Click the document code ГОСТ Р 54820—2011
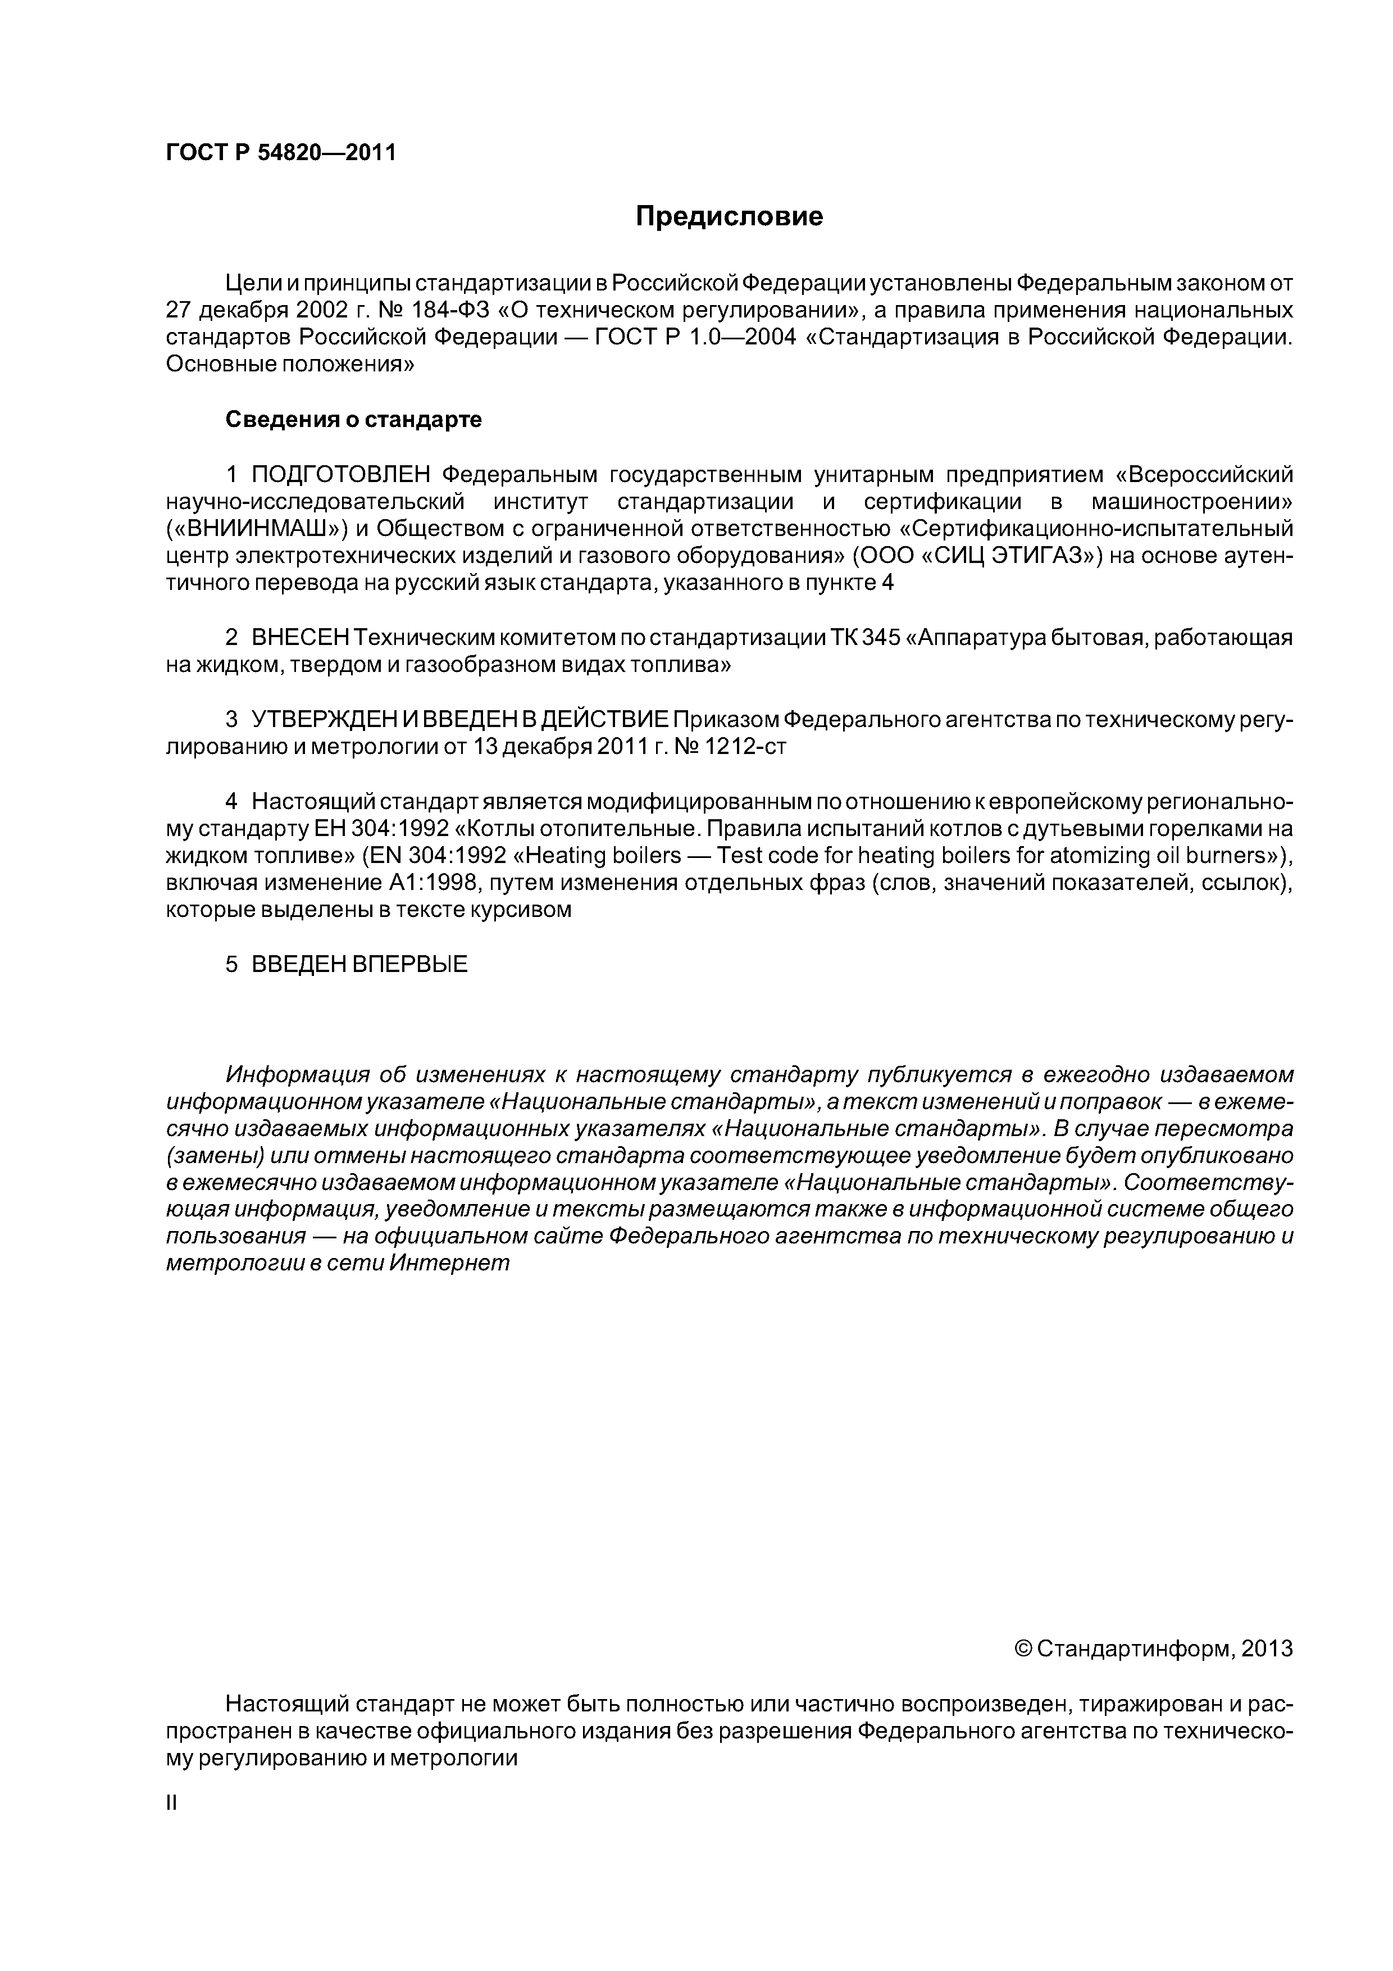tap(281, 153)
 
